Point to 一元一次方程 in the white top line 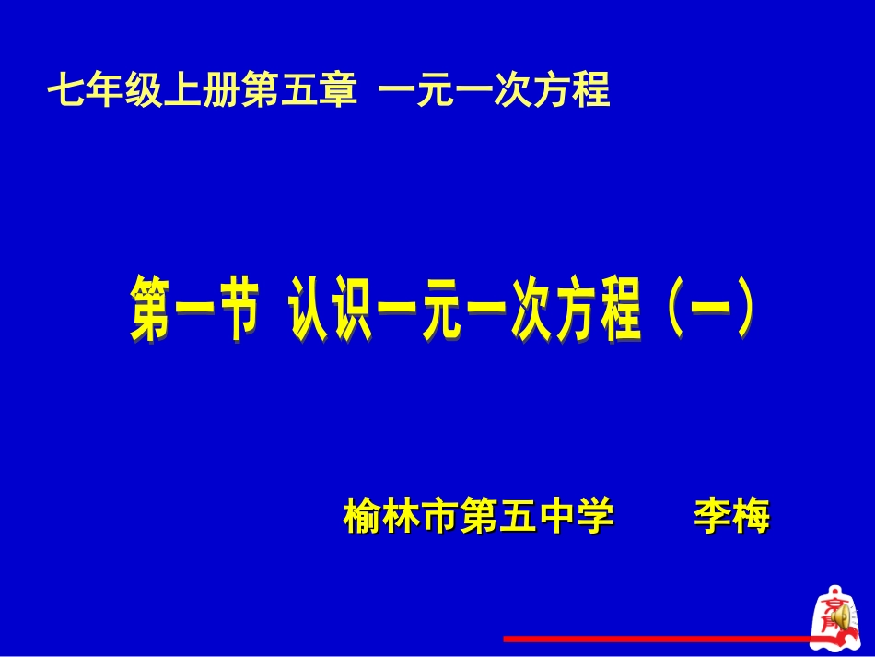click(495, 92)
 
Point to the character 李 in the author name click(711, 516)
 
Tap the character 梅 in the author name click(750, 516)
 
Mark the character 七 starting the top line click(65, 92)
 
